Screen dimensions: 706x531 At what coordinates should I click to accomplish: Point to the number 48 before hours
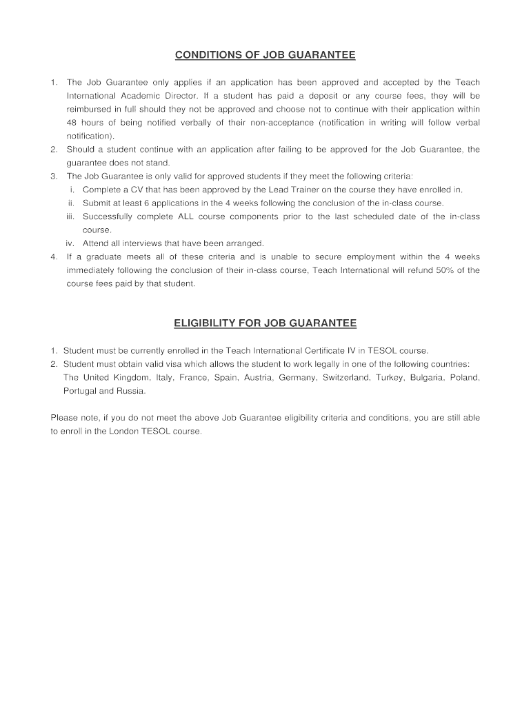click(72, 123)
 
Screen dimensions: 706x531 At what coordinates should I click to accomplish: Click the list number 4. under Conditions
click(54, 256)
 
